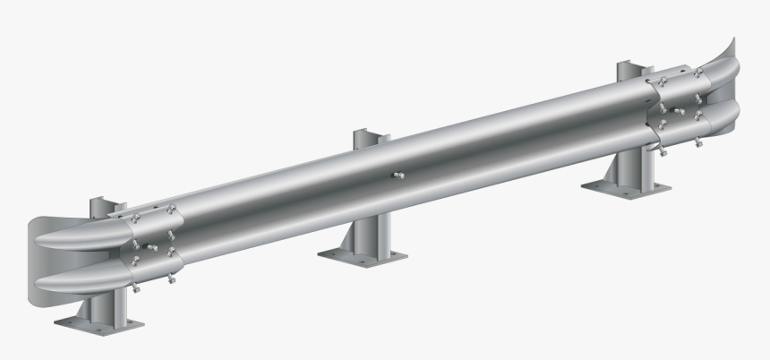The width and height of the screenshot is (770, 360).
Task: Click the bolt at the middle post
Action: pos(400,175)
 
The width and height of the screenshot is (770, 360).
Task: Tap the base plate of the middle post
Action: pos(358,254)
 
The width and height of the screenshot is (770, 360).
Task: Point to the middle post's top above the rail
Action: pos(371,138)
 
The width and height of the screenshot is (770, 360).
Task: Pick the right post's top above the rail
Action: pos(630,70)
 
